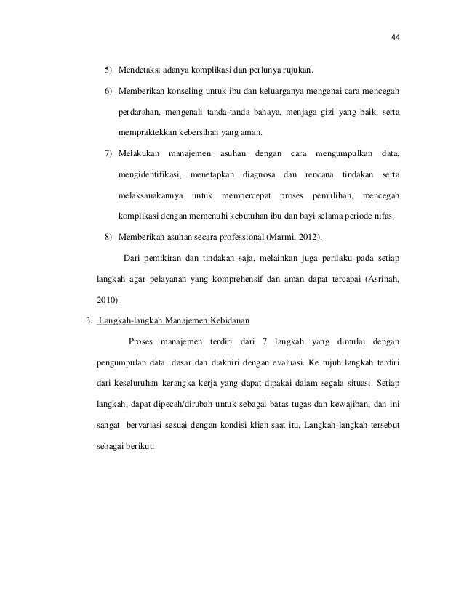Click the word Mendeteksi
143,71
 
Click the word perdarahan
140,114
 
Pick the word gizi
325,114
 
